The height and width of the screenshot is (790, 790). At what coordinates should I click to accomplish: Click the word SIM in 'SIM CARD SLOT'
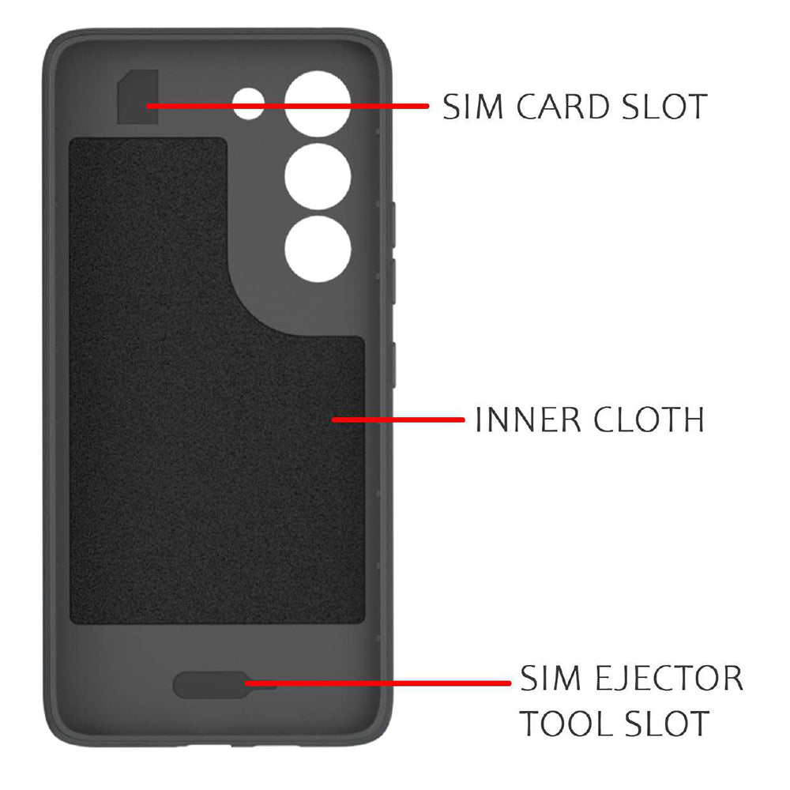click(473, 107)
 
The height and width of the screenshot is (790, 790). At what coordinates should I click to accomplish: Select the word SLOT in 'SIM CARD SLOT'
click(664, 107)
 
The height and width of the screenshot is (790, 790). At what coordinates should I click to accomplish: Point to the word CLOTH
click(649, 419)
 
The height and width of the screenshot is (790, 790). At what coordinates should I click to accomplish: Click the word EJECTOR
click(669, 678)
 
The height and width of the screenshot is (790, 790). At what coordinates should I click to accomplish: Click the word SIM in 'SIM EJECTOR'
click(551, 678)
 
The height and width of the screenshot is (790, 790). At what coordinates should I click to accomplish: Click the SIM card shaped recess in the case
click(138, 97)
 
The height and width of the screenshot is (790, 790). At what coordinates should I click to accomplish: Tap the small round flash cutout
click(248, 103)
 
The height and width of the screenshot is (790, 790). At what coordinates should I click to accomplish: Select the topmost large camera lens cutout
click(318, 103)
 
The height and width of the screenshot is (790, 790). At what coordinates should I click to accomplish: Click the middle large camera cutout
click(318, 177)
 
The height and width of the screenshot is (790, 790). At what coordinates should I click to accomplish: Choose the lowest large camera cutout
click(318, 250)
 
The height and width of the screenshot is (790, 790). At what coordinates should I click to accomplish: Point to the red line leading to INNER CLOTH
click(398, 419)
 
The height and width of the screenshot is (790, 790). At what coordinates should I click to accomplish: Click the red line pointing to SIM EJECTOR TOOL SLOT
click(378, 683)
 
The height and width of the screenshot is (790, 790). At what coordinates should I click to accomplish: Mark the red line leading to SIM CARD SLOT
click(288, 107)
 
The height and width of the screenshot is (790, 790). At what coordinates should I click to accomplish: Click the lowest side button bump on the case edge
click(393, 365)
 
